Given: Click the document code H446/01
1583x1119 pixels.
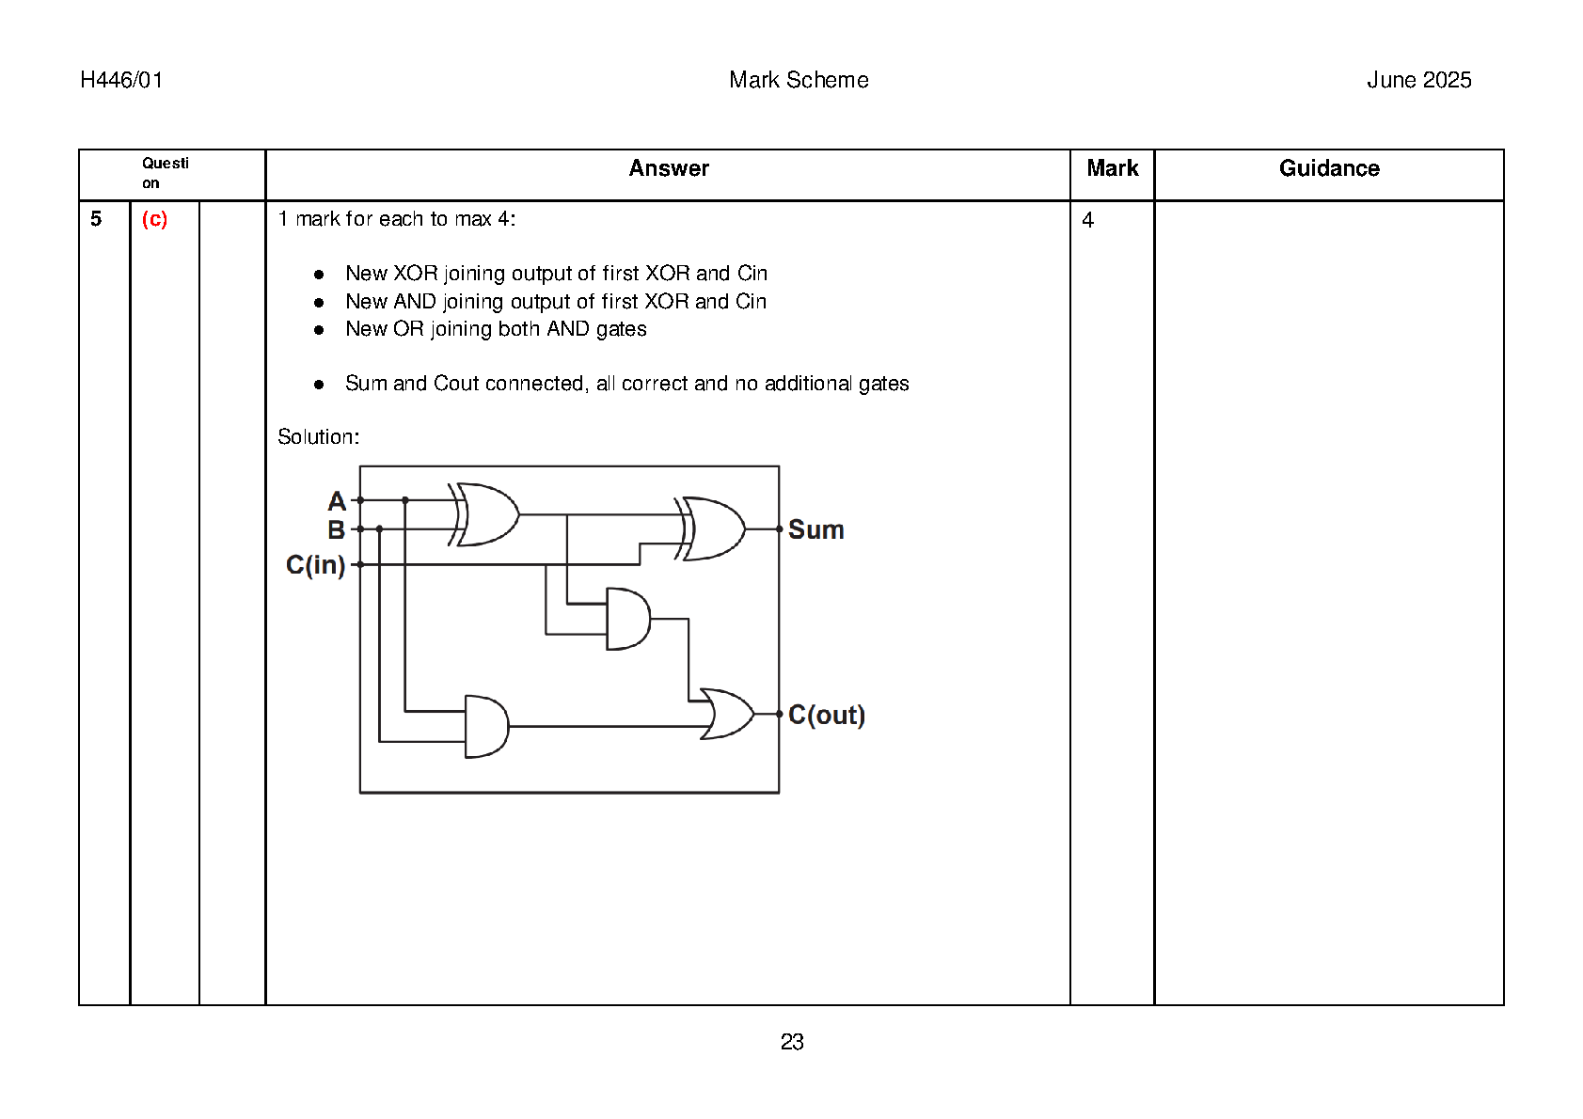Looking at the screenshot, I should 121,80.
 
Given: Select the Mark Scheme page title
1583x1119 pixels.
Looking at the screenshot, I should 799,80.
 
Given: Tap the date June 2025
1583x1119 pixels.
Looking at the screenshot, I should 1418,80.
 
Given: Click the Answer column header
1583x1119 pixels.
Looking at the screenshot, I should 668,168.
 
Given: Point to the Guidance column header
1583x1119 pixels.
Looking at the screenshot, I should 1328,168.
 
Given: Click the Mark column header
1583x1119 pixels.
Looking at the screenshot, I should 1112,168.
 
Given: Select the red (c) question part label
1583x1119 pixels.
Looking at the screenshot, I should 154,219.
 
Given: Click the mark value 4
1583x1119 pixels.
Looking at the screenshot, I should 1087,220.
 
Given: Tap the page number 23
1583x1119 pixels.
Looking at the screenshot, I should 792,1042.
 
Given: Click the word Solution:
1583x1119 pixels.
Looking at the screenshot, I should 318,436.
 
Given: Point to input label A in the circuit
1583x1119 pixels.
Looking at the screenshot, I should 336,501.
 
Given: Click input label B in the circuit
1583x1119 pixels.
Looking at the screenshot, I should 336,530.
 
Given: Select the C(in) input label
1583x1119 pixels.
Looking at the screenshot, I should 315,565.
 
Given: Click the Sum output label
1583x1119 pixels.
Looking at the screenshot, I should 815,530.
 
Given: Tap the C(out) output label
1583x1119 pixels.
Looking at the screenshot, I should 826,716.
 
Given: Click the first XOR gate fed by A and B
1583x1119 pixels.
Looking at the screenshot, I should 485,514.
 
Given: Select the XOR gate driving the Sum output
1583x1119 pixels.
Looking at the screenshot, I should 713,528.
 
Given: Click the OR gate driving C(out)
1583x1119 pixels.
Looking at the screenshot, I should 727,715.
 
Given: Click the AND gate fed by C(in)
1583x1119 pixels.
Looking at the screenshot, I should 627,619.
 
